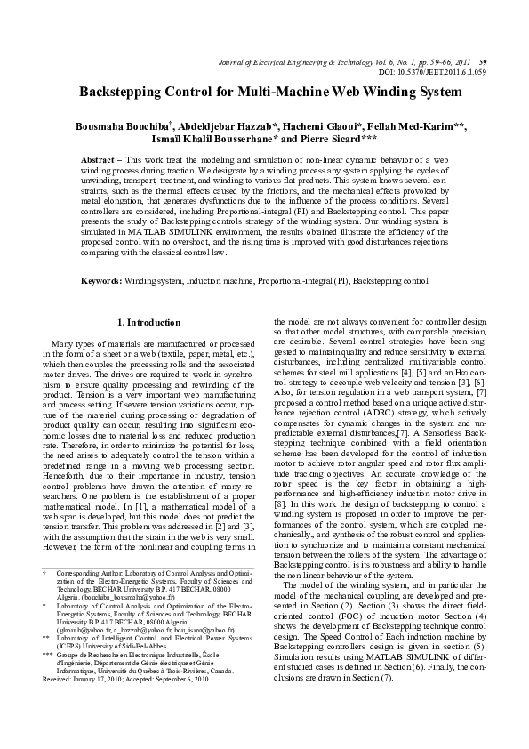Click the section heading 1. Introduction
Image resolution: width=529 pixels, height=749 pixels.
point(149,321)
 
